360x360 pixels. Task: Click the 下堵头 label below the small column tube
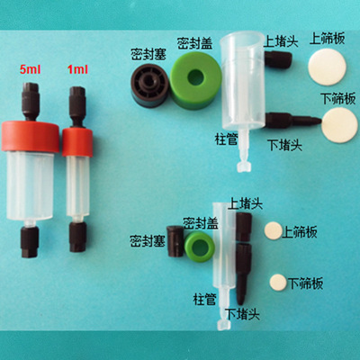pyautogui.click(x=238, y=314)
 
